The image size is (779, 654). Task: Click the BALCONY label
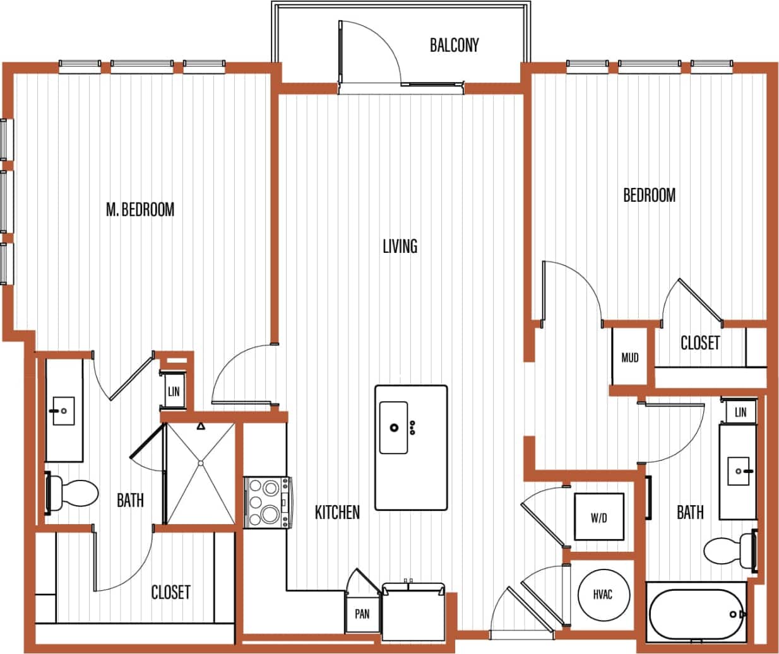click(x=454, y=45)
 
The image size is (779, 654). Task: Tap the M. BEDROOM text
click(x=140, y=209)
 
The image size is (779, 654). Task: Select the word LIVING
click(x=400, y=245)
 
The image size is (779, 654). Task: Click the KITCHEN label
click(x=337, y=512)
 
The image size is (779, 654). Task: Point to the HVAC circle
click(x=603, y=595)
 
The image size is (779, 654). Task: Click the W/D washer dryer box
click(x=598, y=518)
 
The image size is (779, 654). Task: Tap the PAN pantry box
click(x=362, y=614)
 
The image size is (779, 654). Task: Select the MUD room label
click(x=629, y=358)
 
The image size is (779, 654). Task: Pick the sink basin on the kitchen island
click(x=394, y=428)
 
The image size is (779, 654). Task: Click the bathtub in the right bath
click(x=694, y=614)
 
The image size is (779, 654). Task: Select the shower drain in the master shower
click(x=201, y=464)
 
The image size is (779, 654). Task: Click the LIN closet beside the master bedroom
click(x=174, y=392)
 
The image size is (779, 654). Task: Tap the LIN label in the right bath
click(x=740, y=412)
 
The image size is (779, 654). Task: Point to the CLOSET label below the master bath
click(x=170, y=592)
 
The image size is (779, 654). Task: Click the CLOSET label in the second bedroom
click(x=699, y=342)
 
